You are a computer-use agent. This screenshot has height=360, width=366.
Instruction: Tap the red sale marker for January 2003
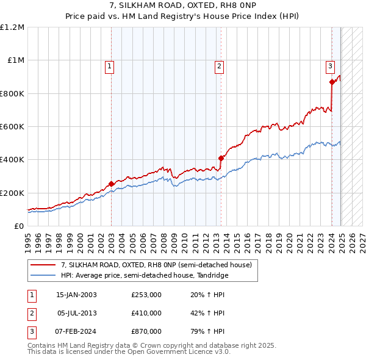(x=112, y=184)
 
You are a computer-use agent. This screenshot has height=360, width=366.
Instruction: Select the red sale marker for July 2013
(x=221, y=158)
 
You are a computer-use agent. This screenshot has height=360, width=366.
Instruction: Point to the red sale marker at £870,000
(x=332, y=82)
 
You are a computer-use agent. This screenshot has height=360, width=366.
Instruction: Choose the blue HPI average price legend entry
(x=144, y=276)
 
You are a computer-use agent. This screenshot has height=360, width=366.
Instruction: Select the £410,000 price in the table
(x=146, y=313)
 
